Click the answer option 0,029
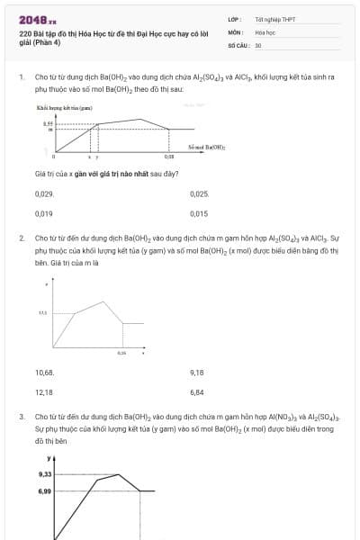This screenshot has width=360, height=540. [x=44, y=193]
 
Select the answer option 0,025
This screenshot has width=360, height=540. [x=199, y=193]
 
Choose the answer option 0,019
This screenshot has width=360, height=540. [x=44, y=214]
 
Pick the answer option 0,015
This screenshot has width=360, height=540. [x=199, y=214]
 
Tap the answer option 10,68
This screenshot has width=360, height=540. [x=45, y=372]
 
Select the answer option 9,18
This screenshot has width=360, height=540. [x=198, y=372]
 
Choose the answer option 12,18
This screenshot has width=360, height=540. [x=45, y=392]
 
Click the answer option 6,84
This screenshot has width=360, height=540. [x=198, y=392]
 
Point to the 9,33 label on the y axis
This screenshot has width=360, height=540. [x=45, y=473]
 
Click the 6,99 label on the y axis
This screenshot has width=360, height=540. [x=45, y=491]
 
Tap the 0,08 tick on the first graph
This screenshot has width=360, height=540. [x=169, y=156]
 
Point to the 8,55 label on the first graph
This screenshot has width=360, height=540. [x=49, y=123]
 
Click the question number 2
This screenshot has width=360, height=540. [x=22, y=238]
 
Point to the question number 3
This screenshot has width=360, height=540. [x=22, y=418]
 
